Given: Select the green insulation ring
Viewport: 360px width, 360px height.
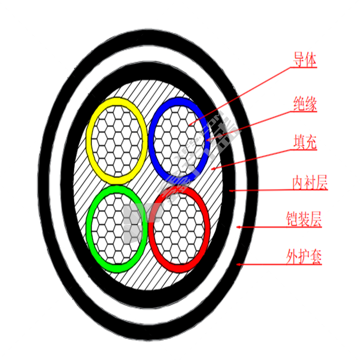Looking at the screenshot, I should (x=89, y=229).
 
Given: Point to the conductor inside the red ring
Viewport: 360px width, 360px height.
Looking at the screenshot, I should (x=179, y=229).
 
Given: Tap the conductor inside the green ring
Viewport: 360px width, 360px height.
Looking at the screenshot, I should (x=116, y=229).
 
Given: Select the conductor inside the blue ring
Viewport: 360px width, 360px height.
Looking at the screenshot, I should (x=179, y=138).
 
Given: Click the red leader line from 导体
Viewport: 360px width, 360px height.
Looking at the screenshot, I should (x=243, y=95).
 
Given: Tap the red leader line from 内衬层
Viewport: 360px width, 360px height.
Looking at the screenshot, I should (x=279, y=190).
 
